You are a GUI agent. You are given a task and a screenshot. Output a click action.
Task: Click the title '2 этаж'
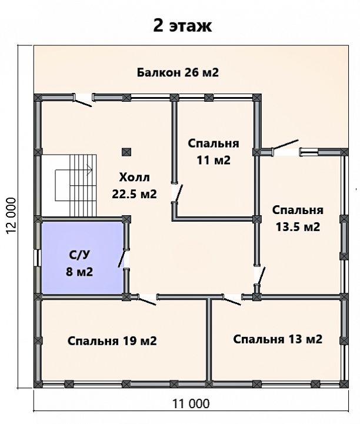point(182,26)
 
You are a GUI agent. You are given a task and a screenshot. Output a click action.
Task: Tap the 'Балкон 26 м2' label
point(178,72)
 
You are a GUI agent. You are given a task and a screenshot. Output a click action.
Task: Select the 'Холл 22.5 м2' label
point(135,186)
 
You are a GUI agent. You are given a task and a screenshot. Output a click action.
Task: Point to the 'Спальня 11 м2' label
point(214,152)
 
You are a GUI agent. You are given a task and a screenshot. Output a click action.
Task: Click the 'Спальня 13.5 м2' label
point(298,219)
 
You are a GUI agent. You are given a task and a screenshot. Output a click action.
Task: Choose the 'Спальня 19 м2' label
point(112,341)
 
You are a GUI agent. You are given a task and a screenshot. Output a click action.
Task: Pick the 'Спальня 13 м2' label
point(278,339)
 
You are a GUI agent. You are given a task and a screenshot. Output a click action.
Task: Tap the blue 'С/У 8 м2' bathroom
point(82,258)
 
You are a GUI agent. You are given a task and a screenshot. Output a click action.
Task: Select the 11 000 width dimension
point(191,404)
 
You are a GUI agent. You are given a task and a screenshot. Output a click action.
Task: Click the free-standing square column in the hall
point(126,152)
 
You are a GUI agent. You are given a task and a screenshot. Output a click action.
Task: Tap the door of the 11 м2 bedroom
point(177,193)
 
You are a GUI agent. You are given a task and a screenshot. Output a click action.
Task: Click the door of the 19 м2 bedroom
point(146,299)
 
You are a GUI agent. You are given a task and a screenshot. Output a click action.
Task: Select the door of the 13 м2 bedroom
point(232,299)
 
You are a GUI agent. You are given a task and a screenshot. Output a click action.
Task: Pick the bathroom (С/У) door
point(123,259)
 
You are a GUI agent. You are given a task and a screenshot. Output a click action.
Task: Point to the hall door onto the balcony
point(82,101)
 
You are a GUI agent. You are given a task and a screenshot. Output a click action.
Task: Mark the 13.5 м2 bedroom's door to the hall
point(259,276)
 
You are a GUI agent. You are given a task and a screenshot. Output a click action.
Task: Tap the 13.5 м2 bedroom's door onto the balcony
point(285,146)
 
